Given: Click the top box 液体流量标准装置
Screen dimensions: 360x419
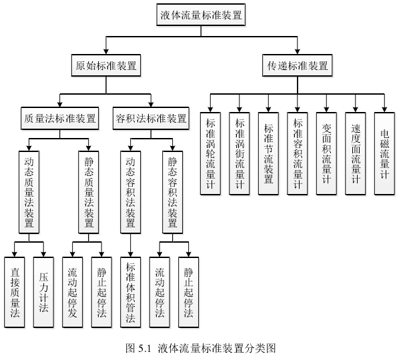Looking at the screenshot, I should pos(201,14).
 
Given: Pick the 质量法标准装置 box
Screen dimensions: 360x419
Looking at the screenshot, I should pos(59,118).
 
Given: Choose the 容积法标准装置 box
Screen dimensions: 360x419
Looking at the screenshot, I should pos(151,118).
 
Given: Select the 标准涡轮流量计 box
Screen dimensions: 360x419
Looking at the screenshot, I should pos(211,153).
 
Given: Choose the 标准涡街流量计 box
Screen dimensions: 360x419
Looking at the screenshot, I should pos(240,153).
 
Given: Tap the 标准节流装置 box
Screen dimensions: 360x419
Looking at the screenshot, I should pos(268,153).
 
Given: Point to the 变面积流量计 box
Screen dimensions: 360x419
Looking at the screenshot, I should pos(326,153).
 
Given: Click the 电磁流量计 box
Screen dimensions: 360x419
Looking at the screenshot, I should pos(384,153).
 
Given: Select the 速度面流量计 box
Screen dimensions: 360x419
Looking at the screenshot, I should pos(356,153).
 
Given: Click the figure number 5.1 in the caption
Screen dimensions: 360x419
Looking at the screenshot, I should pos(145,348).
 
